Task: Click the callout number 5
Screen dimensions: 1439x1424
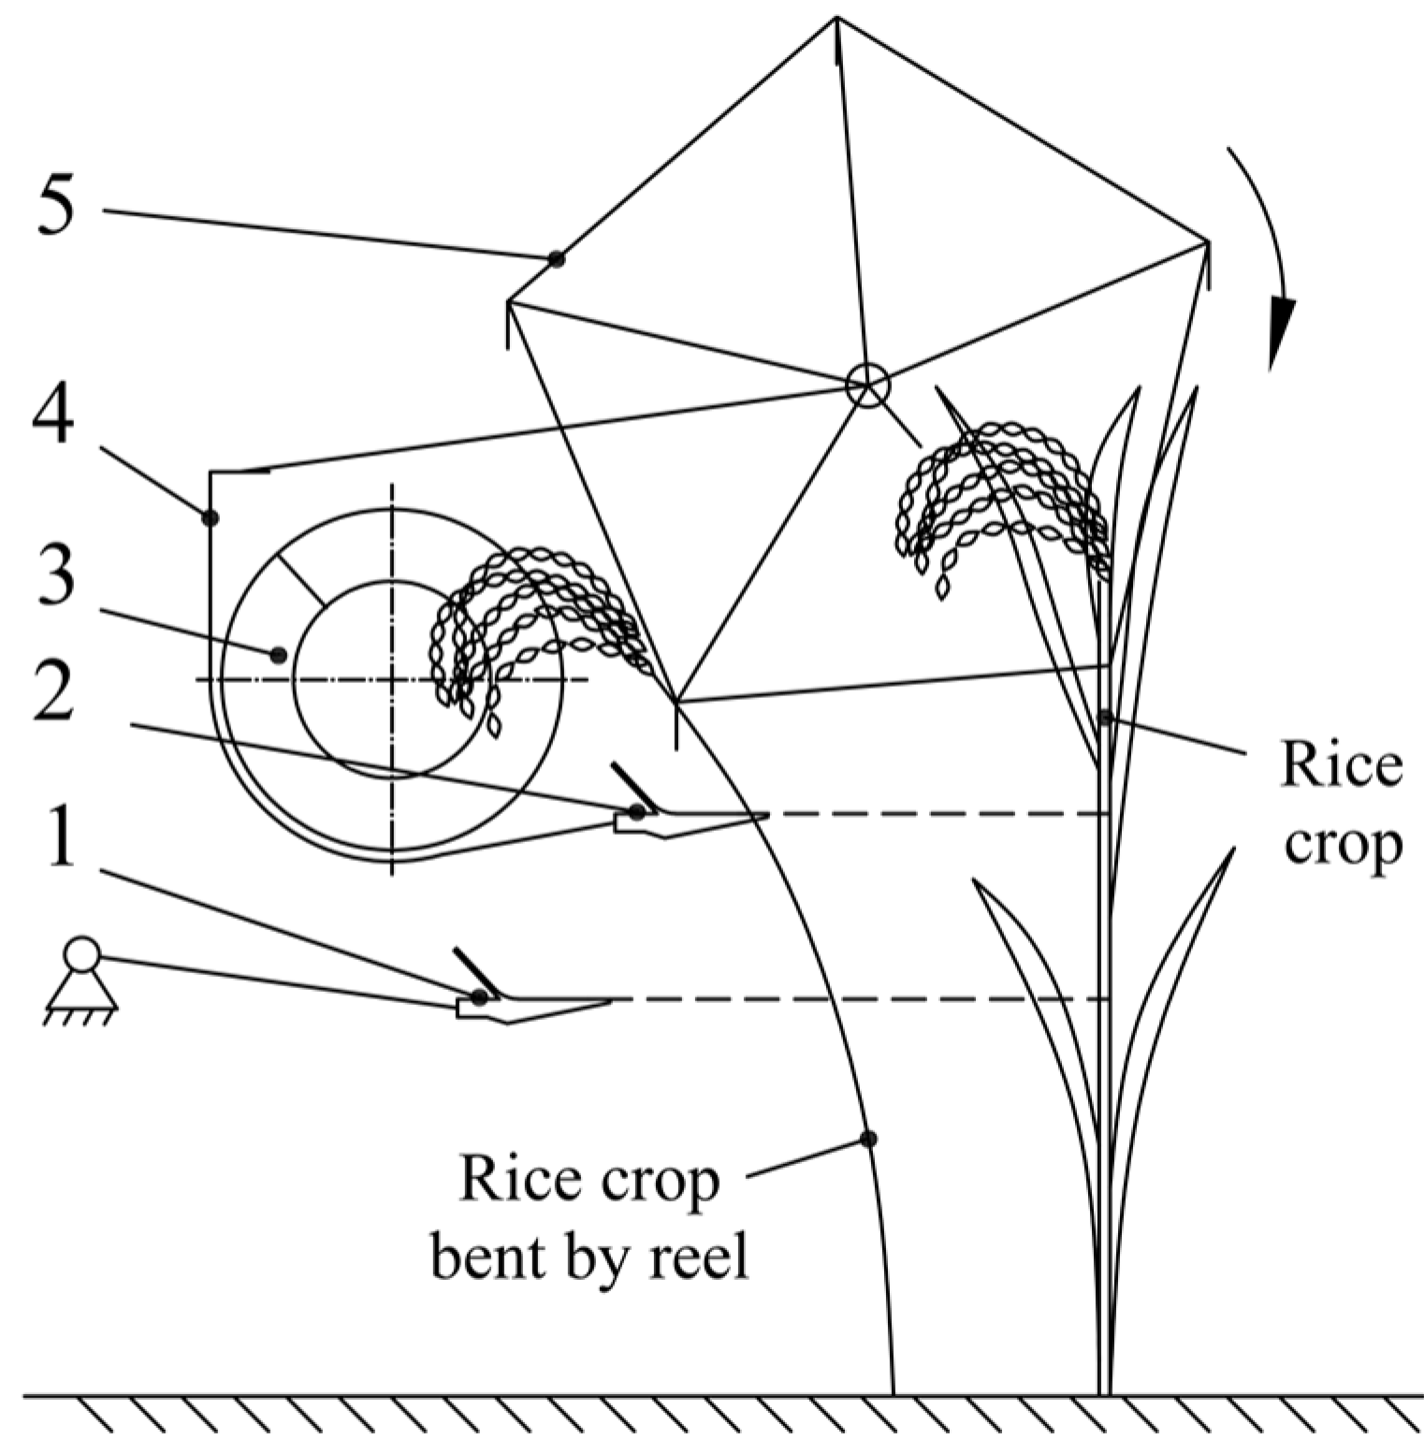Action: point(55,207)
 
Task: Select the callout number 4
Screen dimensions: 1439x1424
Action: point(52,416)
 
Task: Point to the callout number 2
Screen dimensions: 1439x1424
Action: point(53,690)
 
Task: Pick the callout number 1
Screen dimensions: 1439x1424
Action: point(60,836)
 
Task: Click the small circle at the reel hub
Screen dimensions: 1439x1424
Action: point(866,385)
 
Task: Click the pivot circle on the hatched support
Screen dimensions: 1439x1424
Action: point(81,955)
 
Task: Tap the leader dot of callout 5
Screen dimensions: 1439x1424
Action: point(557,258)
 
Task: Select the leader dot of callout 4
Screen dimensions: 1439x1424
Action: point(211,517)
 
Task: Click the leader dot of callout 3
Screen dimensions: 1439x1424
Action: point(278,655)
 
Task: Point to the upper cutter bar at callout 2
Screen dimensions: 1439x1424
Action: point(692,821)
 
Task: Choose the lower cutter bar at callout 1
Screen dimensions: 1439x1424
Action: point(533,1007)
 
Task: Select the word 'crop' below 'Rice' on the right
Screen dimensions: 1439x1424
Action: point(1343,845)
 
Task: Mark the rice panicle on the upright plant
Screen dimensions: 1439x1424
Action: point(1001,496)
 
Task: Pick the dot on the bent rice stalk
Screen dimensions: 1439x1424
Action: point(868,1139)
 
